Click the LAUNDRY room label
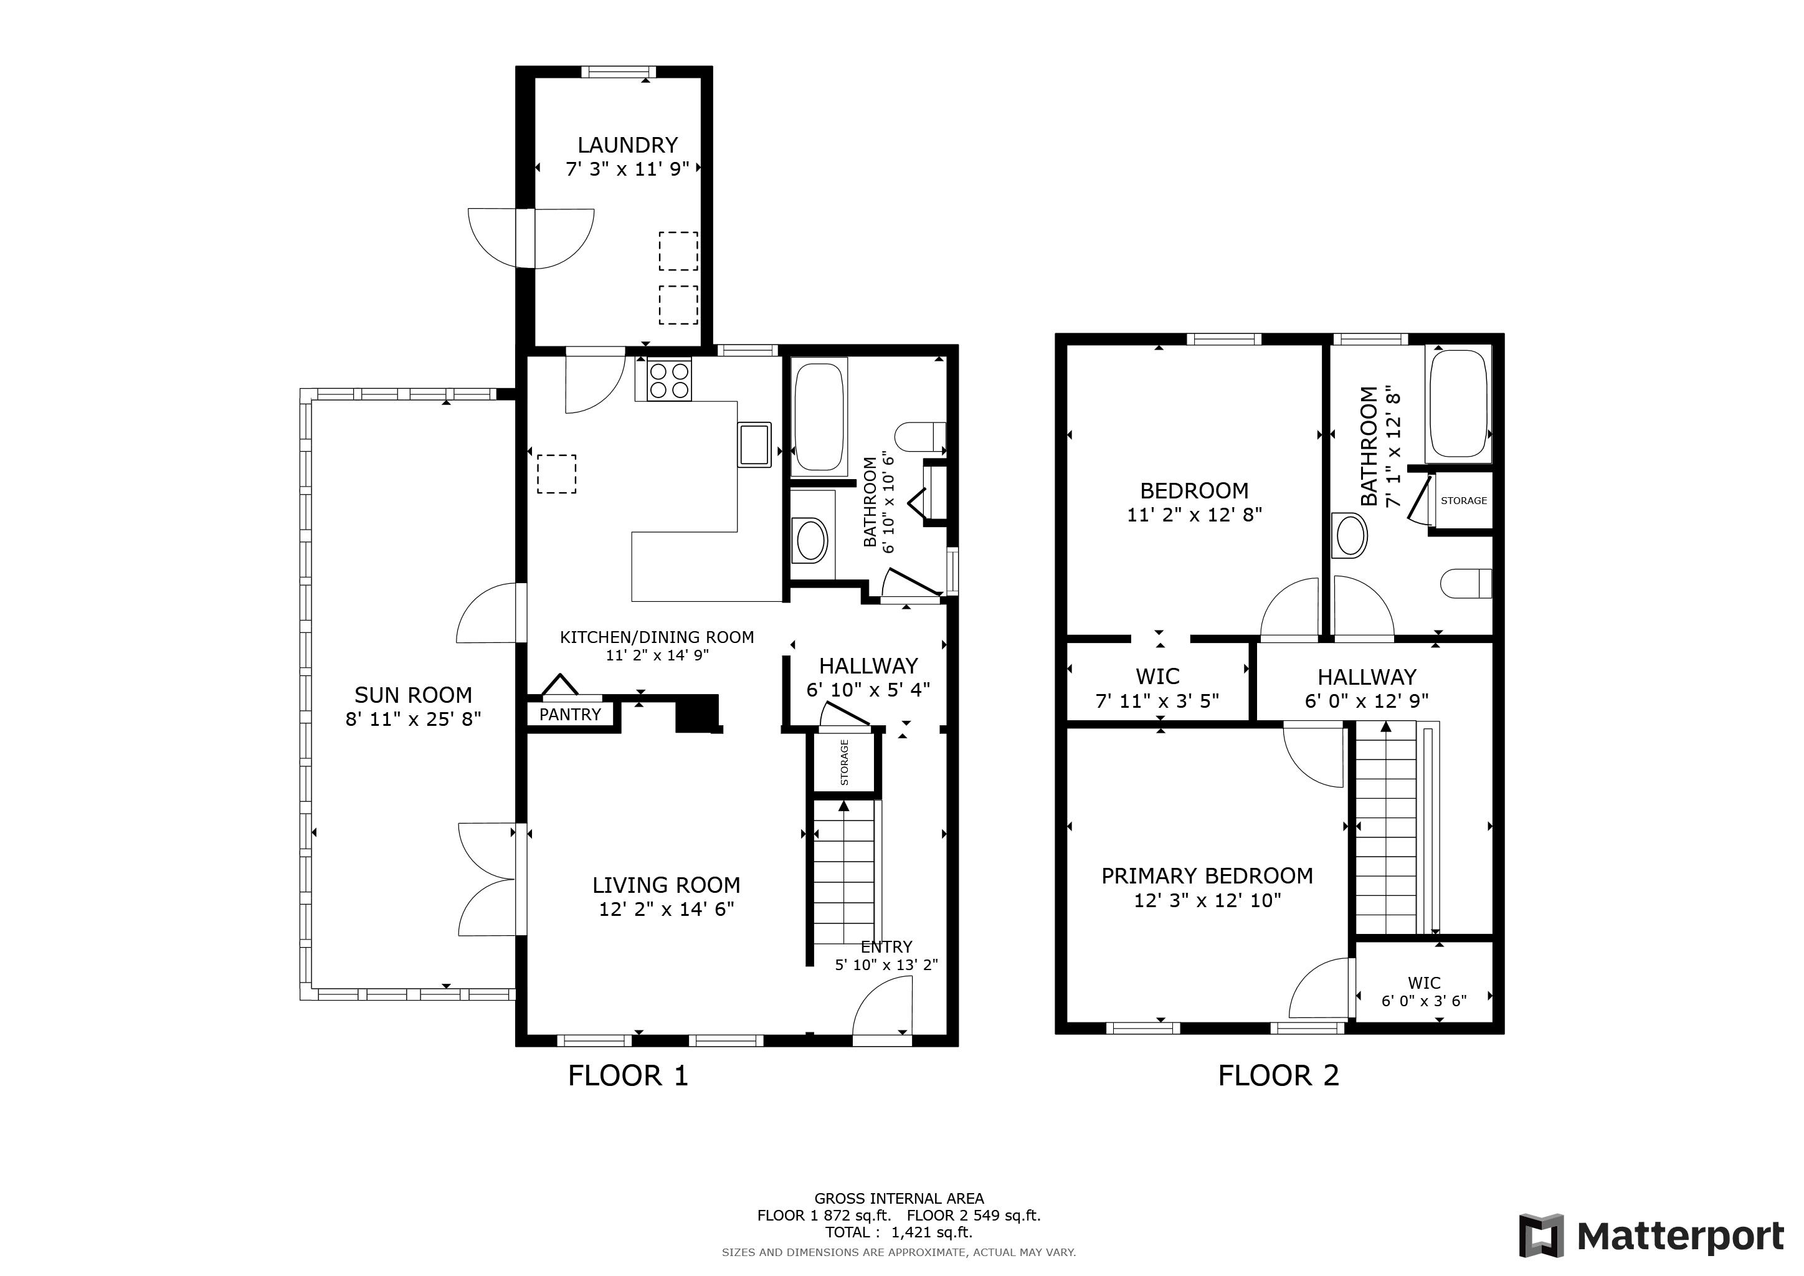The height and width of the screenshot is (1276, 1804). tap(627, 145)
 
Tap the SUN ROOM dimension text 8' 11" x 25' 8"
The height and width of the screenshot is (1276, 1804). tap(413, 719)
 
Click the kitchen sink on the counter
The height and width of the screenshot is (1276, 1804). tap(754, 445)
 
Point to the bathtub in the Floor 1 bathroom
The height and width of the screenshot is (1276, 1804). tap(820, 417)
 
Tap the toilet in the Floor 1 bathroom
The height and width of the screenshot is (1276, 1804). tap(921, 436)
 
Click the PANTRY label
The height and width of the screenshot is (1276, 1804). tap(569, 714)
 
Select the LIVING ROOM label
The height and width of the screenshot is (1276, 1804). tap(667, 885)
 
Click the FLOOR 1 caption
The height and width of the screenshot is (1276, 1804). tap(628, 1075)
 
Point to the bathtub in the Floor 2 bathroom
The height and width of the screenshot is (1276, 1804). tap(1459, 403)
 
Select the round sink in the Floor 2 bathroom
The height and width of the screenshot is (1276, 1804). tap(1350, 535)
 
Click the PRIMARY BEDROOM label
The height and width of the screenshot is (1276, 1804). tap(1207, 876)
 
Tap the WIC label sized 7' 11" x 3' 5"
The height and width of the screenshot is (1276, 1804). tap(1157, 677)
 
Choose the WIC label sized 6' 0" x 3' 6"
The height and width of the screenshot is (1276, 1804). tap(1424, 983)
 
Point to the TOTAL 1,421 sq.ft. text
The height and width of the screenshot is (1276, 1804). tap(898, 1233)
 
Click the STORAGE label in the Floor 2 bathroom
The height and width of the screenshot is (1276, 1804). tap(1464, 500)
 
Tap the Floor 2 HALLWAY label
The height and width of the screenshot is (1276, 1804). tap(1366, 677)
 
